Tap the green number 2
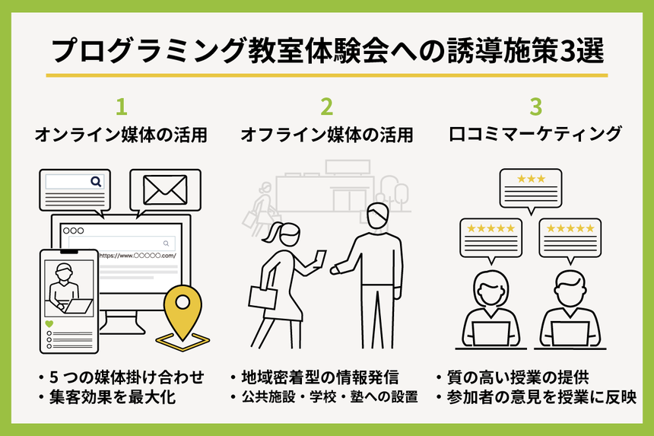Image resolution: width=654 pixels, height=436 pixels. (326, 105)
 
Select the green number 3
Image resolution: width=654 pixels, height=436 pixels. (535, 105)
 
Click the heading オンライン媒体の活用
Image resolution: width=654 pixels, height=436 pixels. (122, 135)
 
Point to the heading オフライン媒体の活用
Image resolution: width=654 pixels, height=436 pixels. (327, 135)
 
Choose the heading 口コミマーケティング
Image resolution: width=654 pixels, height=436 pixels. (535, 135)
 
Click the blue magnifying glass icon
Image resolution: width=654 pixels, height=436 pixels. (96, 182)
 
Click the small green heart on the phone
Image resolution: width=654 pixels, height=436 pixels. (49, 323)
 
